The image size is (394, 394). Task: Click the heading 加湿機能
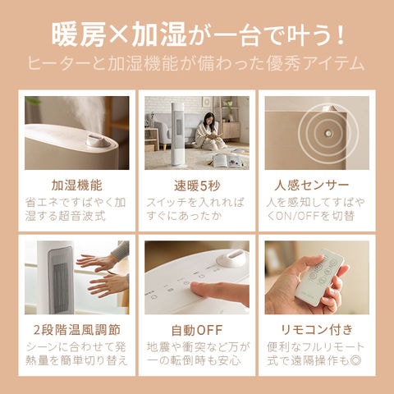tap(77, 185)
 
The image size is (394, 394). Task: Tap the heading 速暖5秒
tap(196, 185)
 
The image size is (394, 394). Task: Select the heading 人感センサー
tap(315, 185)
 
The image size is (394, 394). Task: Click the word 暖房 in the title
tap(77, 35)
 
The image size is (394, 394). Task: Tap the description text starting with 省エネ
tap(77, 210)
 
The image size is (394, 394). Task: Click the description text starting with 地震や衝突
tap(196, 354)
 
